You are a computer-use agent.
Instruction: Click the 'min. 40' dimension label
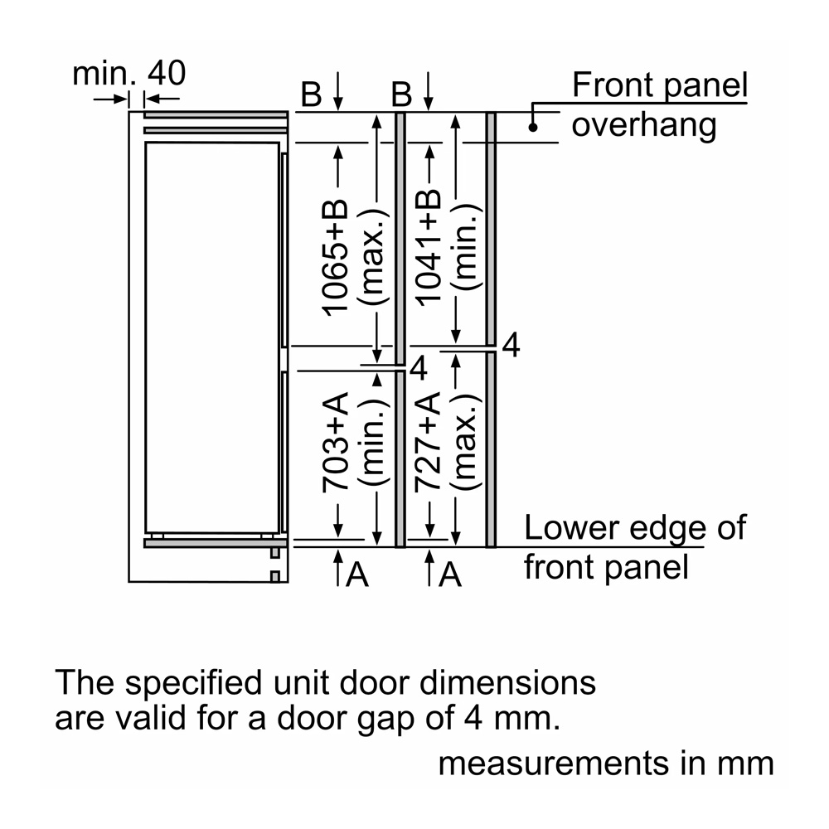point(128,74)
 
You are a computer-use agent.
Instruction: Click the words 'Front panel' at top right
point(660,85)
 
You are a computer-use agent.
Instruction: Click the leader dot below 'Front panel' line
point(533,127)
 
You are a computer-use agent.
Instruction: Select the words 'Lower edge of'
point(634,528)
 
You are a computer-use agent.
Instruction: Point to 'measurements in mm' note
point(605,764)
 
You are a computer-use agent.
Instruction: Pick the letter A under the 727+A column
point(450,574)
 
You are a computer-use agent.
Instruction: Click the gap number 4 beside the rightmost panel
point(511,346)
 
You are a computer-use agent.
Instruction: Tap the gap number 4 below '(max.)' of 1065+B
point(419,368)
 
